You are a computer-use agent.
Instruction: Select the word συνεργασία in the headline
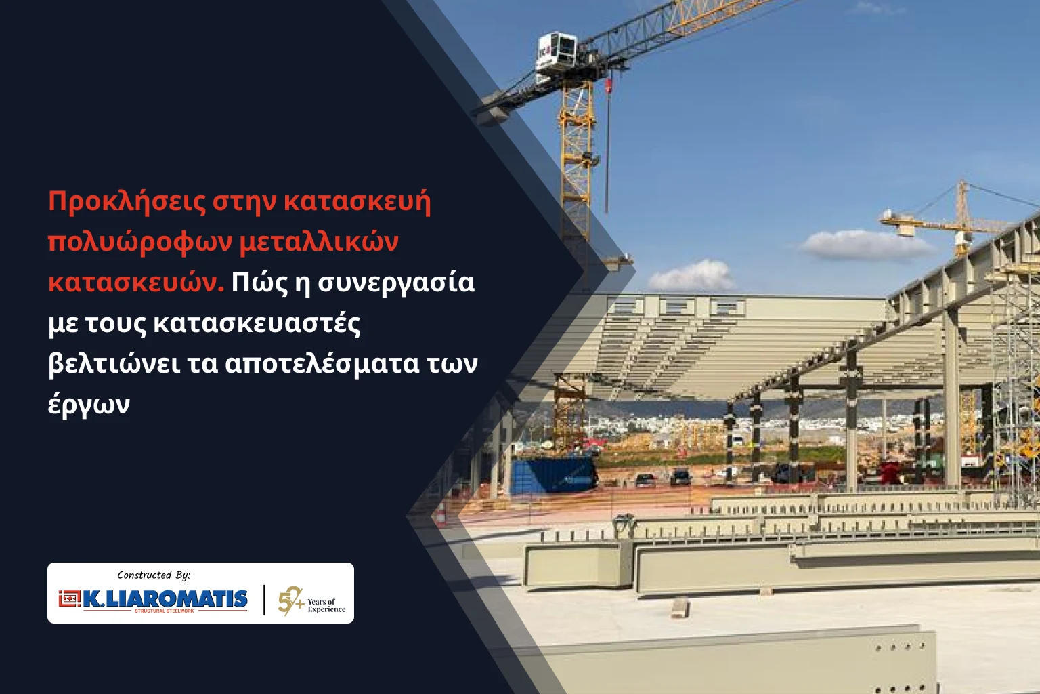(396, 283)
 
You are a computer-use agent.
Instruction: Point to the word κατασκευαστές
(257, 323)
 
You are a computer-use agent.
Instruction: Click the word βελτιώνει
(114, 363)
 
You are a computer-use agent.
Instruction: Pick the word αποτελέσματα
(322, 363)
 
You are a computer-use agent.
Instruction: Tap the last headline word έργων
(89, 405)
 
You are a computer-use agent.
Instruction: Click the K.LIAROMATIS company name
(165, 598)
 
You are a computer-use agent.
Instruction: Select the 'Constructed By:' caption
(154, 575)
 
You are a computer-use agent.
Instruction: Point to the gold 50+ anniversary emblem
(290, 600)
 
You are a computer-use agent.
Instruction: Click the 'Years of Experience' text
(326, 605)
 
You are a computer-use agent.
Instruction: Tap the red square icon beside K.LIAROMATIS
(68, 598)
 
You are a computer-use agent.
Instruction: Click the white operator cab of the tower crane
(556, 52)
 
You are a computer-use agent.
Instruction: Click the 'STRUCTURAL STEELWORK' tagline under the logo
(165, 611)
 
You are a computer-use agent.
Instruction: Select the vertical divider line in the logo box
(264, 600)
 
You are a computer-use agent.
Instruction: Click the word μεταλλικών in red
(319, 242)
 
